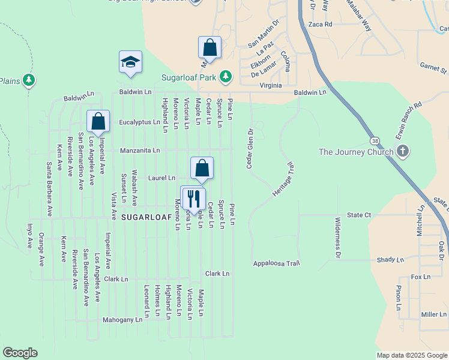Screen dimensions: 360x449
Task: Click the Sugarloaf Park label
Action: pos(188,77)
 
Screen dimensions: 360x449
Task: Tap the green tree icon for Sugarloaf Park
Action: pos(225,77)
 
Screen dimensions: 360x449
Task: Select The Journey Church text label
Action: pos(356,152)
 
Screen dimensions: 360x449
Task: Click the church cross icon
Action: pos(403,152)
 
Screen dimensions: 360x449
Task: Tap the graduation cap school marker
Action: pos(130,62)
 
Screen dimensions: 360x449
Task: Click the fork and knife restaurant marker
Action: pos(193,198)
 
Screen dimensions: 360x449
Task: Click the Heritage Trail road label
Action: pos(283,179)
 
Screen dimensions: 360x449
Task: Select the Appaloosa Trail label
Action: pos(276,263)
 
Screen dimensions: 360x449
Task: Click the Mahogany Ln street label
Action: pos(122,320)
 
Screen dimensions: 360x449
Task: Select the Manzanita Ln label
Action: pos(140,150)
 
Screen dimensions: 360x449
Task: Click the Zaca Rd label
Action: pos(320,25)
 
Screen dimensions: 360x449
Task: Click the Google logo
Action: pos(20,353)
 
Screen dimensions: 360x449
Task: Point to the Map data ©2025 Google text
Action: pos(411,355)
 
